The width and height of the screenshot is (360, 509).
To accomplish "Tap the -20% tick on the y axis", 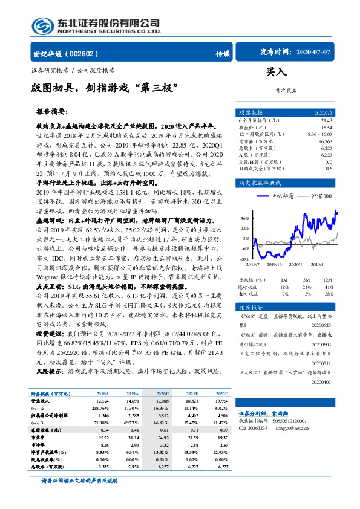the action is pyautogui.click(x=244, y=259).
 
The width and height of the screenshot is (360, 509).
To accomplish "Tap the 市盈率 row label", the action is pyautogui.click(x=40, y=436).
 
